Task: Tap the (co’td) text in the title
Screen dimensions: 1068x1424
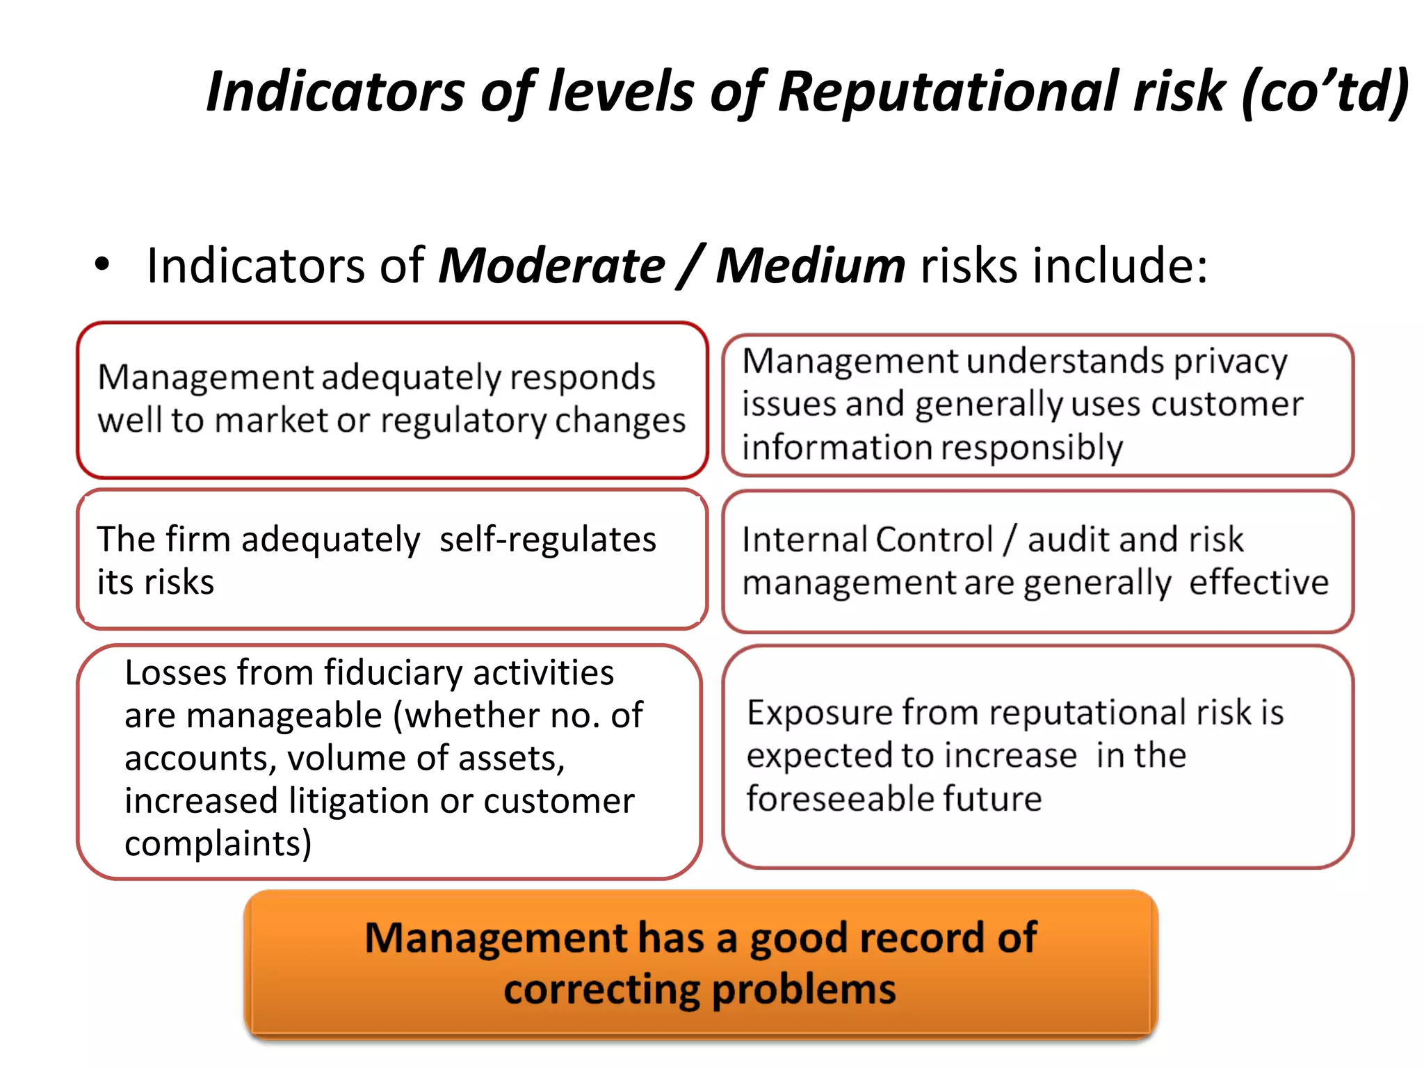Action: pyautogui.click(x=1325, y=92)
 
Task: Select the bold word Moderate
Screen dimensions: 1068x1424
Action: pyautogui.click(x=551, y=266)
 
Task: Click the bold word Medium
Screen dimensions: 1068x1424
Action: pyautogui.click(x=810, y=266)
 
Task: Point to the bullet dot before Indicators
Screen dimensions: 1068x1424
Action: pyautogui.click(x=102, y=265)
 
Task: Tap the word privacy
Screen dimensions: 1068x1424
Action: pyautogui.click(x=1231, y=362)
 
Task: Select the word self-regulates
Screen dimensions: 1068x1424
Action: pyautogui.click(x=547, y=540)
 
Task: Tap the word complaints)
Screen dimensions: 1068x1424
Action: pyautogui.click(x=218, y=844)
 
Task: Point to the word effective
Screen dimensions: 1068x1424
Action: pyautogui.click(x=1259, y=583)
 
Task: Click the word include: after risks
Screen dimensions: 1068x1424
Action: pyautogui.click(x=1119, y=266)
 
